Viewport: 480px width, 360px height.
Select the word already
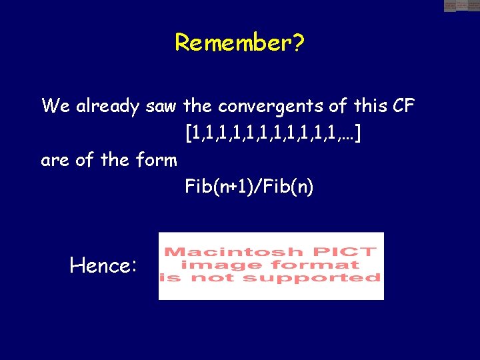coord(107,106)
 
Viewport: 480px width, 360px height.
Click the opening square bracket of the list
coord(188,134)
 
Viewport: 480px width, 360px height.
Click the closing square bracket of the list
coord(359,134)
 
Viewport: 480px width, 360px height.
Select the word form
coord(159,161)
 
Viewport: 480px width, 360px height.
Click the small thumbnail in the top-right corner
coord(461,6)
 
